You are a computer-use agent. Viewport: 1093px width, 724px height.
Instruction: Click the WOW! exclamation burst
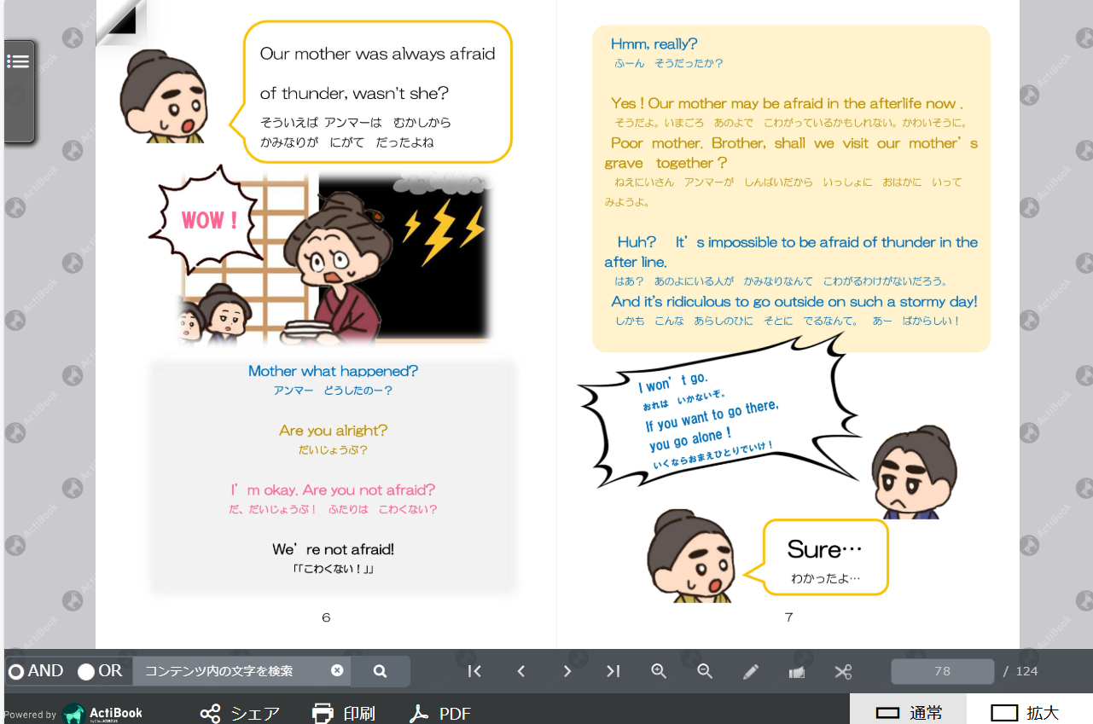click(208, 220)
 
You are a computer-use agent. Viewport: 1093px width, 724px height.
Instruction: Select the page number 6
click(326, 617)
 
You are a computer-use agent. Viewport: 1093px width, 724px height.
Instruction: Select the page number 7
click(788, 617)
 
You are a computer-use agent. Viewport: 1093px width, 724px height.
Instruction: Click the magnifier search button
click(381, 671)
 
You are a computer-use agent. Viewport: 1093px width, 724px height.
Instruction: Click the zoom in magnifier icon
click(659, 671)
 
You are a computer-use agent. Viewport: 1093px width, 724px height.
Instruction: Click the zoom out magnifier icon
click(705, 671)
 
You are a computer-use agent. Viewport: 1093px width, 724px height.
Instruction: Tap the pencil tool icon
click(751, 672)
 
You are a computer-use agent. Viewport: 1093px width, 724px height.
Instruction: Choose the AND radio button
click(16, 672)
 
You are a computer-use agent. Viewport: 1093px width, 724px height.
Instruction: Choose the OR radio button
click(86, 672)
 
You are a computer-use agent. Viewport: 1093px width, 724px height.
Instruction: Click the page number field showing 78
click(942, 671)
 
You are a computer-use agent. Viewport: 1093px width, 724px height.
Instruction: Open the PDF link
click(440, 713)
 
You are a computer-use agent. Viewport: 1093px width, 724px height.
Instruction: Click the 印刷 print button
click(344, 713)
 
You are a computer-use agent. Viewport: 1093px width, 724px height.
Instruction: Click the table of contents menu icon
click(18, 61)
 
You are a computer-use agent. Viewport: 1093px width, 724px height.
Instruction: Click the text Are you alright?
click(333, 431)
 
